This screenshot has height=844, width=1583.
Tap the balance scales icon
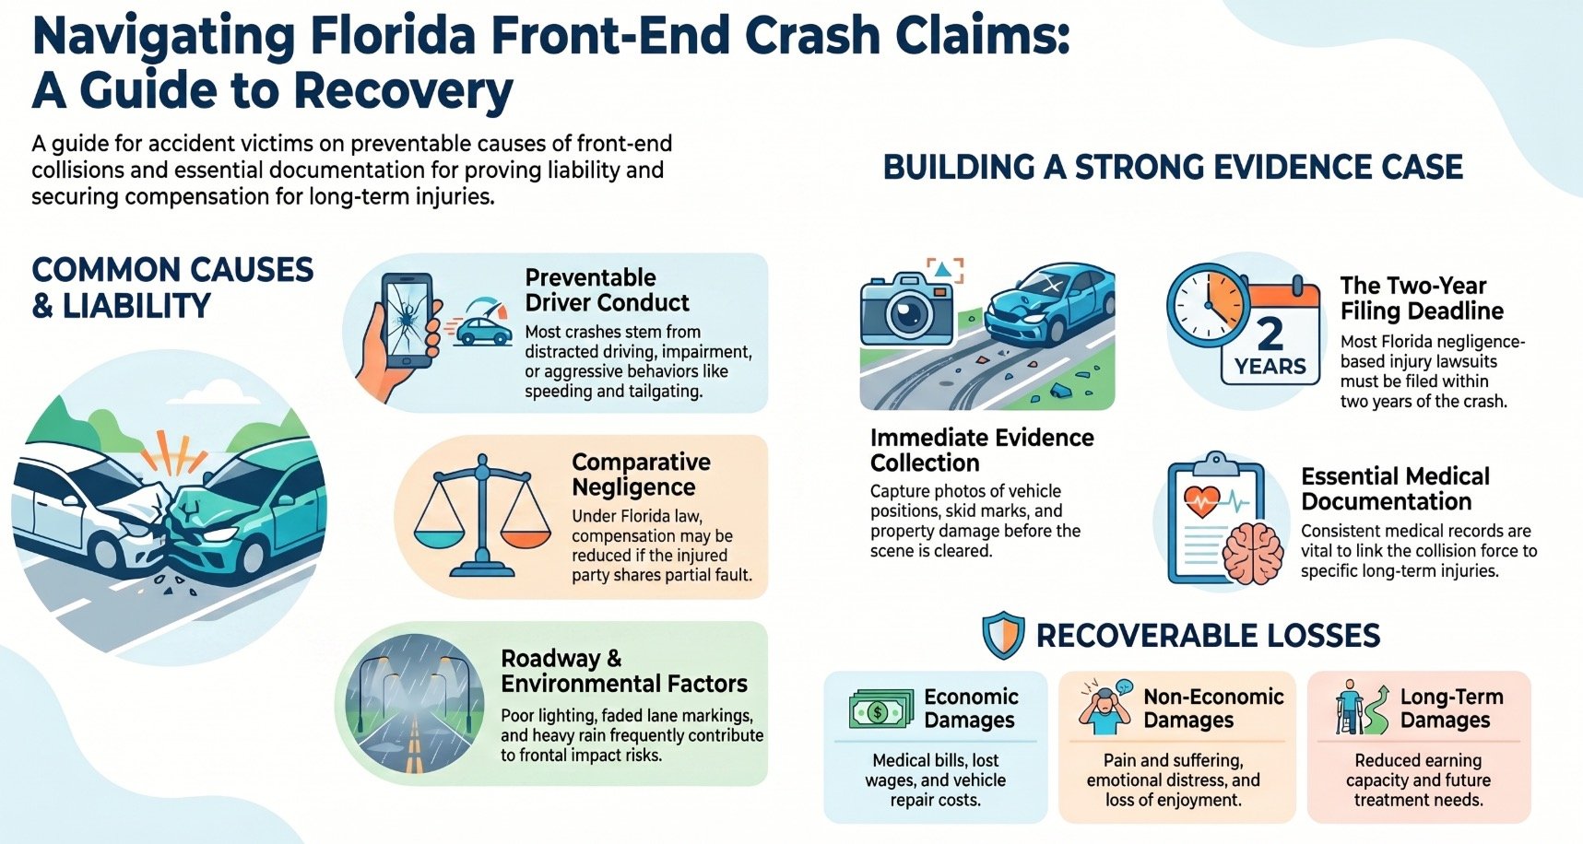[x=482, y=515]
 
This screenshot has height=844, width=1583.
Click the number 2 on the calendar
[x=1270, y=333]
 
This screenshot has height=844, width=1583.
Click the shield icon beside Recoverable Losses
[x=1003, y=635]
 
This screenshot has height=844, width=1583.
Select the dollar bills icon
[x=880, y=709]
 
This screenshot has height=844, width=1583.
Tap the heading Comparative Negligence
[x=641, y=475]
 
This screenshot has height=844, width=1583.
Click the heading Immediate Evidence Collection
[x=982, y=450]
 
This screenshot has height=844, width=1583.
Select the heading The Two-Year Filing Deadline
[x=1422, y=298]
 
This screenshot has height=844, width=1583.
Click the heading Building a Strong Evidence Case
[x=1173, y=167]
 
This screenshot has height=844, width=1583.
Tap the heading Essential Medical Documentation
[x=1395, y=488]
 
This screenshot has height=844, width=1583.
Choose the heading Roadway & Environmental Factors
[x=624, y=671]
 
